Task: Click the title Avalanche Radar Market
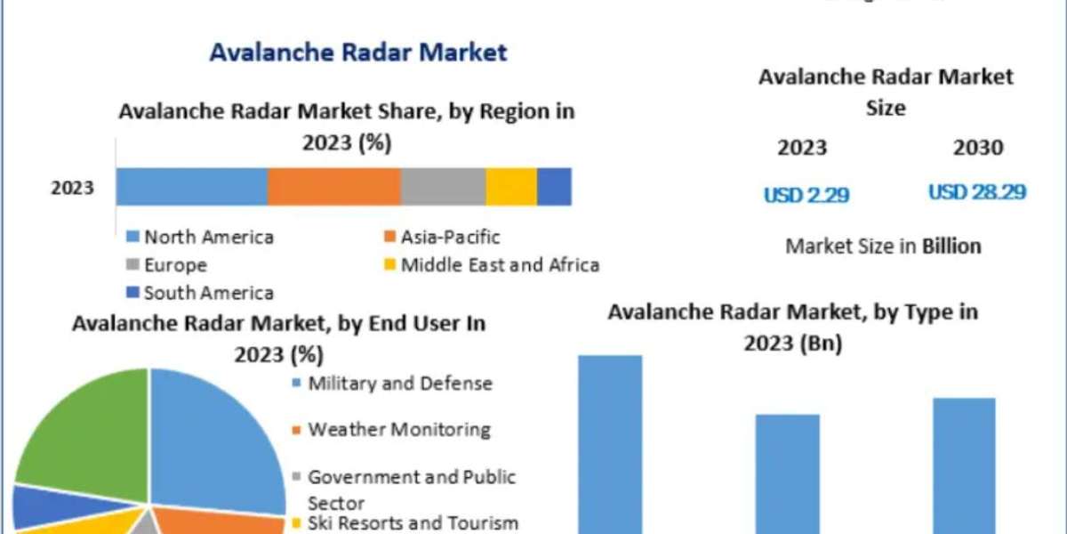358,52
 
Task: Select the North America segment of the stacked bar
191,187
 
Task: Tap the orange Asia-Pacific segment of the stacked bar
333,187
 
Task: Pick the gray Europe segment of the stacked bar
443,187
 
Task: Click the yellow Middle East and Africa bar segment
511,187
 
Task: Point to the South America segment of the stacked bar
554,187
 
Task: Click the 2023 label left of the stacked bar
72,189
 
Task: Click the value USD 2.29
806,195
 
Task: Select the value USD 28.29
977,192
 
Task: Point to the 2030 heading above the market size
978,148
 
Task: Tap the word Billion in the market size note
951,246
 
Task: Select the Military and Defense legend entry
399,384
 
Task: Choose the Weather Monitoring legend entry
398,429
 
